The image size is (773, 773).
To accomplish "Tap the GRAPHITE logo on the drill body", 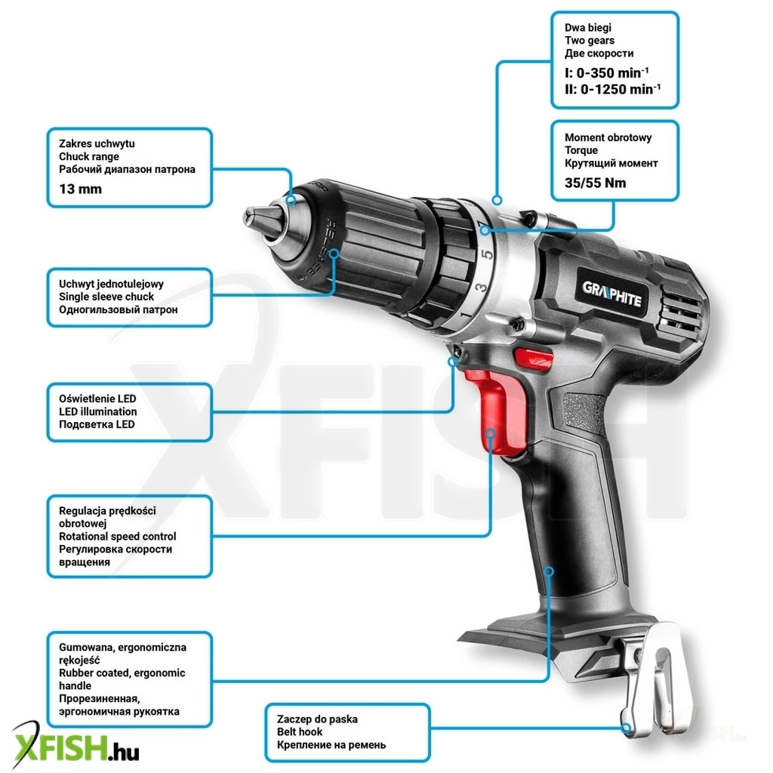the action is click(611, 294).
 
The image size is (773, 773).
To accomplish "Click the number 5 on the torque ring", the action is click(487, 254).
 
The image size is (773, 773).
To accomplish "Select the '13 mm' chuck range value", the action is click(80, 189).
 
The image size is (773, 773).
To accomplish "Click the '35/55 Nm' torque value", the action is click(595, 183).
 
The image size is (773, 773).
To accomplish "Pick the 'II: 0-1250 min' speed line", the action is click(613, 89).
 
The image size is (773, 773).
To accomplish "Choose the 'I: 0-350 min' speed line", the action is click(607, 72).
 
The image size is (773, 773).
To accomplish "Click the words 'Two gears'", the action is click(590, 41).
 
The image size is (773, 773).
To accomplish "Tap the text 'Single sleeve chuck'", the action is click(106, 297).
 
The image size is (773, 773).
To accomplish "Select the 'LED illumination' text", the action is click(98, 411).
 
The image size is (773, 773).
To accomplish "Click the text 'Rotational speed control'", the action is click(117, 537).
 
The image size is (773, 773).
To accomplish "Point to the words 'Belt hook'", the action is click(300, 732).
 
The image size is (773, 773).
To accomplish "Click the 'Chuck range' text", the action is click(89, 157).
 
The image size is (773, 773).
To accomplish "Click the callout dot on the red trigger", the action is click(490, 433).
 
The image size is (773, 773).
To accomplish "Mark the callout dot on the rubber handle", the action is click(549, 571).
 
